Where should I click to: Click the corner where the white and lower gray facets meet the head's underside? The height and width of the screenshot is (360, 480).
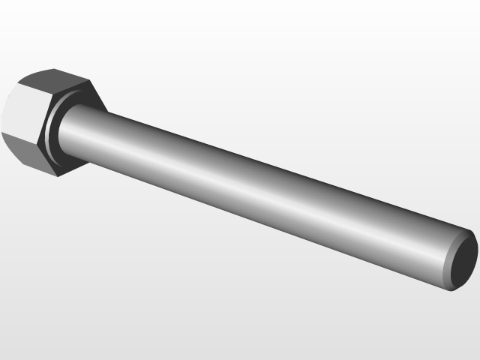click(37, 142)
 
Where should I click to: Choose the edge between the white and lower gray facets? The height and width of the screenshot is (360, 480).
click(19, 139)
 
